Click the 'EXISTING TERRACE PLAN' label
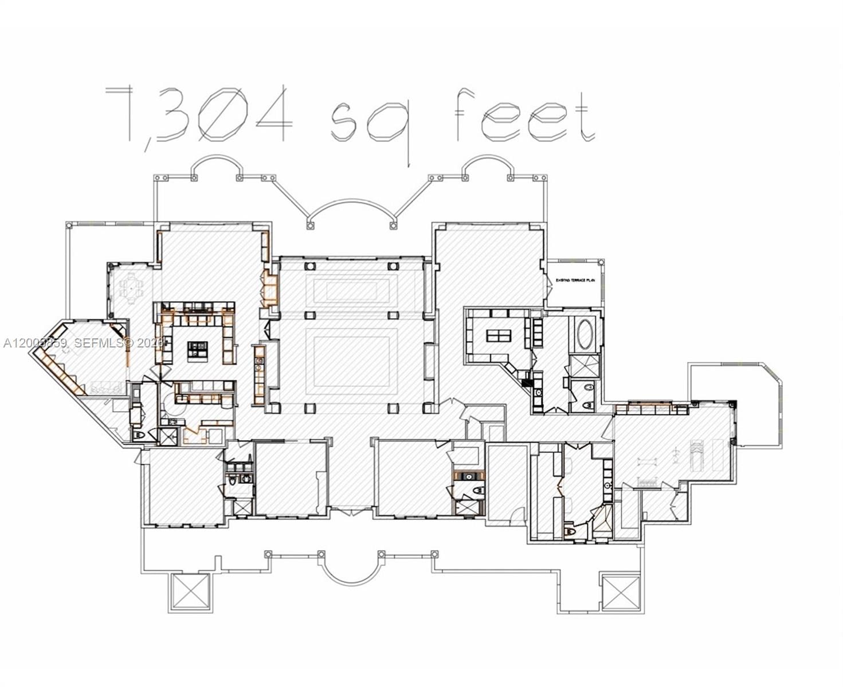(575, 281)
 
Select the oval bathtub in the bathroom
(585, 334)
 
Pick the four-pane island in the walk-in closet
(498, 335)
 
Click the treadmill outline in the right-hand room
(696, 455)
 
